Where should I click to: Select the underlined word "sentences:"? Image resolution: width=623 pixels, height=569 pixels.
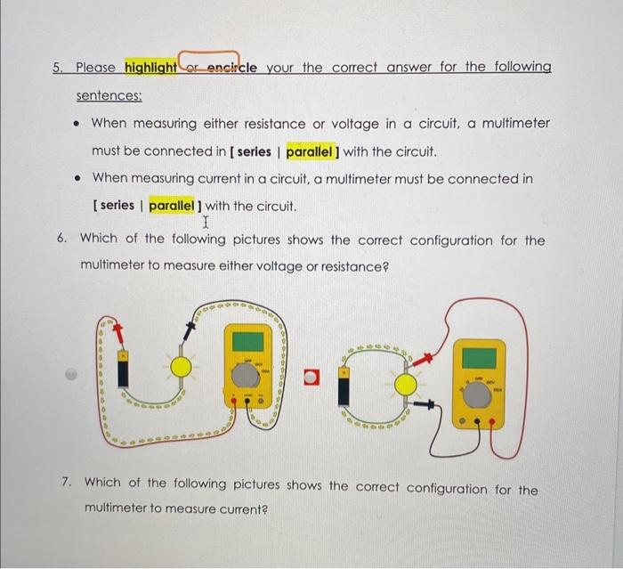tap(109, 95)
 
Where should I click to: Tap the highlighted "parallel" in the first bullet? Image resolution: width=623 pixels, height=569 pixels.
tap(318, 151)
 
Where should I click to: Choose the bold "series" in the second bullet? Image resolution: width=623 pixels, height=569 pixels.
tap(116, 206)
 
